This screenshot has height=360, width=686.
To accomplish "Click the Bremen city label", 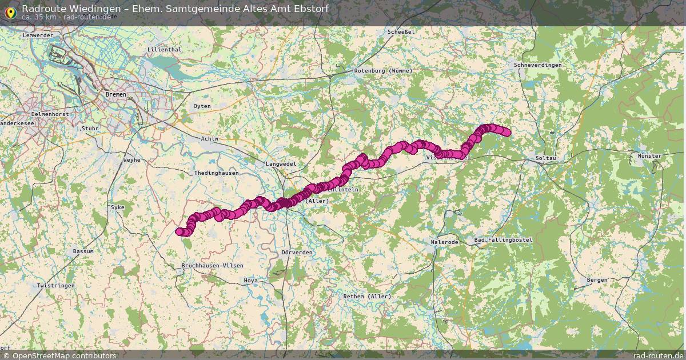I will point(115,94).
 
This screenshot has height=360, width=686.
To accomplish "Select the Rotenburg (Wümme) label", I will point(383,70).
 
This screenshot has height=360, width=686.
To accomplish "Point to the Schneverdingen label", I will point(537,65).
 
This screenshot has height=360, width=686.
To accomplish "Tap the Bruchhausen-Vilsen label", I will point(212,266).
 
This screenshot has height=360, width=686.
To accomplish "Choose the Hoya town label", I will point(250,281).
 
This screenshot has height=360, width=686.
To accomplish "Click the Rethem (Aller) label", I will point(367,297).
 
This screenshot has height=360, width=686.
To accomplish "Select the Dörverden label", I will point(297,253).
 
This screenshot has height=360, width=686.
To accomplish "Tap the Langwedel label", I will point(281,164).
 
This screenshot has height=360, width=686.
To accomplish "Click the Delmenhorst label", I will point(34,114).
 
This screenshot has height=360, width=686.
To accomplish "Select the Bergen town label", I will point(597,280).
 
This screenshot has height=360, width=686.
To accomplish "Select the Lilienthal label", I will point(164,50).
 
